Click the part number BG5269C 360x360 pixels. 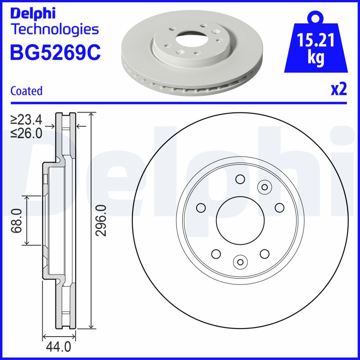(x=55, y=52)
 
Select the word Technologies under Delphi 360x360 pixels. (x=54, y=30)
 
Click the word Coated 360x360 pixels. (x=26, y=91)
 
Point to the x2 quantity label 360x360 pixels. (x=339, y=90)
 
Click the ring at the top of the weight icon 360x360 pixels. (x=315, y=18)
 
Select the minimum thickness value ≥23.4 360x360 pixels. (x=27, y=120)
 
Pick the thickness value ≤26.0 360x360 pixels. (x=27, y=133)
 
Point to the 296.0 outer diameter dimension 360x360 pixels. (x=101, y=220)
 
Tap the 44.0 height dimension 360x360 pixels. (x=58, y=346)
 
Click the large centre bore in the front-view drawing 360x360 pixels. (x=240, y=220)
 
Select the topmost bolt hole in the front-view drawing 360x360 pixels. (x=240, y=180)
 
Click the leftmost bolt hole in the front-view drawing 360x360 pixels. (x=201, y=207)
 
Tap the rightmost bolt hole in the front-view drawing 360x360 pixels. (x=279, y=207)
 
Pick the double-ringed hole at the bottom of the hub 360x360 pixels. (x=240, y=261)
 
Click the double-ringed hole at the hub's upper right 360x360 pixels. (x=265, y=187)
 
